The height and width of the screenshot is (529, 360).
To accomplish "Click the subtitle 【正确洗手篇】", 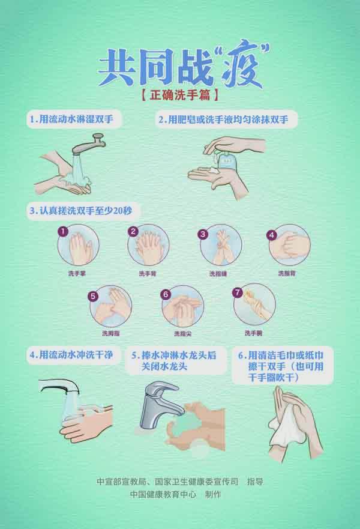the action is pyautogui.click(x=179, y=95).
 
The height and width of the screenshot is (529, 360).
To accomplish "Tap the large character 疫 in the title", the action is pyautogui.click(x=241, y=67).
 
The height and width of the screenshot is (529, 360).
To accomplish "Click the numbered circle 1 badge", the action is pyautogui.click(x=63, y=231).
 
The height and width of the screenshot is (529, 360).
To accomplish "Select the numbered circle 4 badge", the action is pyautogui.click(x=272, y=235).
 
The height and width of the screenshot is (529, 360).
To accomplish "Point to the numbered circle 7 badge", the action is pyautogui.click(x=238, y=292).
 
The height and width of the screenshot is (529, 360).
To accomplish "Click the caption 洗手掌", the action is pyautogui.click(x=77, y=273).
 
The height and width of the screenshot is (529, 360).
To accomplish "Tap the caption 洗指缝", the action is pyautogui.click(x=218, y=274).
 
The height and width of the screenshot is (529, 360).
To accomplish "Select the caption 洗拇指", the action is pyautogui.click(x=111, y=333).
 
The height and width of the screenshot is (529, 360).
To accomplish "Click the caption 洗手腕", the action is pyautogui.click(x=253, y=333).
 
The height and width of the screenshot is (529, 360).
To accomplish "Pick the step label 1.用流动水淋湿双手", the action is pyautogui.click(x=71, y=119).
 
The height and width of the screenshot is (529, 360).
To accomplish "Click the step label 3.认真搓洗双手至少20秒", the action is pyautogui.click(x=81, y=211).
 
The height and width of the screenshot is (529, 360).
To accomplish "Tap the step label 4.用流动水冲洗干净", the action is pyautogui.click(x=71, y=355).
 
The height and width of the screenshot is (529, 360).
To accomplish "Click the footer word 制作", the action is pyautogui.click(x=213, y=494).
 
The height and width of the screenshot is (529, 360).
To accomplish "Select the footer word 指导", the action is pyautogui.click(x=255, y=482).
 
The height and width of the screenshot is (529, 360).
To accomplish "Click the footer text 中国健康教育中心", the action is pyautogui.click(x=163, y=494).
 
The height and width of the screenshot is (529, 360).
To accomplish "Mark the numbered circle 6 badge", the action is pyautogui.click(x=166, y=294).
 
